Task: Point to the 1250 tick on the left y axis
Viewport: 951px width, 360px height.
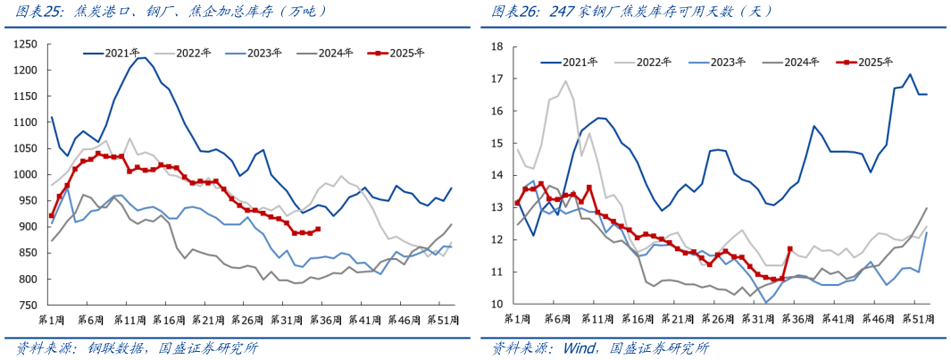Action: (25, 44)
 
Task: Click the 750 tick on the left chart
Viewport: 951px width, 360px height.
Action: (29, 306)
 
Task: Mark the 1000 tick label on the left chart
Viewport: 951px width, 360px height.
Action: (25, 175)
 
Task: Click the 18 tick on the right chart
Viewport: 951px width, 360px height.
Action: (498, 46)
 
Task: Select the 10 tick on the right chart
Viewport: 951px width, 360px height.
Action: (498, 304)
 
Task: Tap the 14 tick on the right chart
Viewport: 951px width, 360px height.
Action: (498, 175)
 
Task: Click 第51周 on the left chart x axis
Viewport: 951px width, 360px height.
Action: (446, 319)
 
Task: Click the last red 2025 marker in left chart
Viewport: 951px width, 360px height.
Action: (318, 229)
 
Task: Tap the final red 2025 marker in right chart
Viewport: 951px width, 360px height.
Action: (789, 249)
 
